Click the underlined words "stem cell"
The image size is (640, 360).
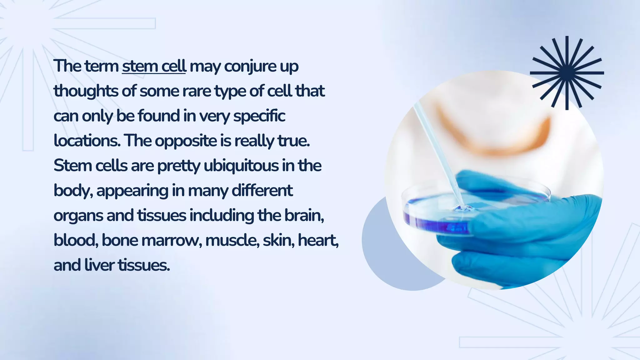[154, 66]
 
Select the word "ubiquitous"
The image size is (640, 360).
[241, 166]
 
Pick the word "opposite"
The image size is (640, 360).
[186, 141]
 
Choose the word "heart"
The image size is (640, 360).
[318, 240]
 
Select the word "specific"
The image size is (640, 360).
[259, 116]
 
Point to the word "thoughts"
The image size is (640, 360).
[86, 91]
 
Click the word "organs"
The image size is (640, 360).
[78, 216]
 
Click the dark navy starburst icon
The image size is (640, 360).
[567, 73]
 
